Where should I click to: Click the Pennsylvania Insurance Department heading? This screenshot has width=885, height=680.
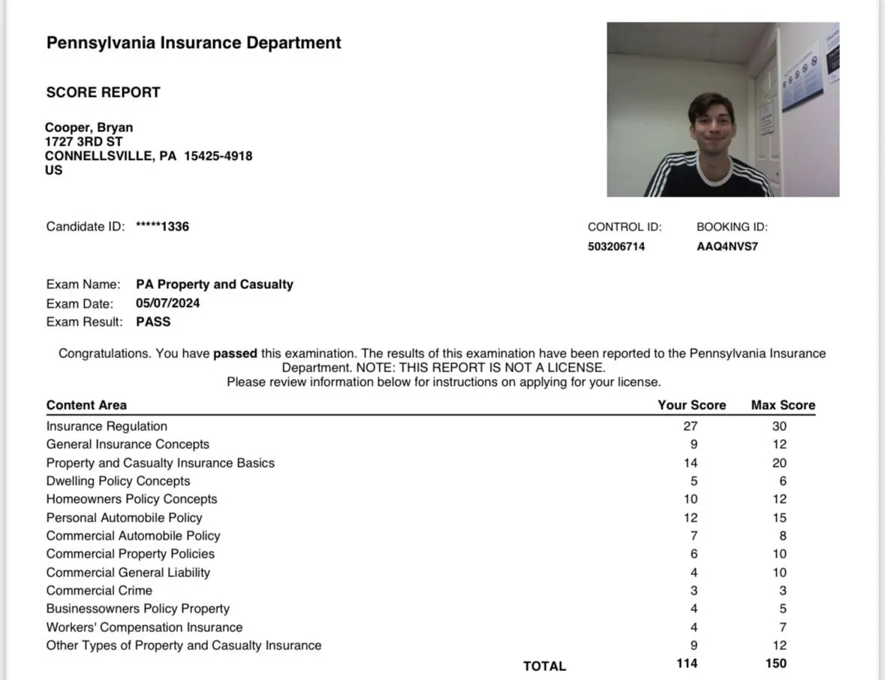[194, 43]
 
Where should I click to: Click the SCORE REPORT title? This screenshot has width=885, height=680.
[104, 92]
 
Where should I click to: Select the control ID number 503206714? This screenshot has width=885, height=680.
[616, 247]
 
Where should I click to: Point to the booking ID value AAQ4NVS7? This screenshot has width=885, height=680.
[727, 247]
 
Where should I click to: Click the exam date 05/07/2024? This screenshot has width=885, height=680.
[168, 303]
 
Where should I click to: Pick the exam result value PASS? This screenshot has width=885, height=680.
[153, 322]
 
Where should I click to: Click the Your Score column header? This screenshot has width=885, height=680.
[691, 405]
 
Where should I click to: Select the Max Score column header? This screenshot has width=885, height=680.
[783, 405]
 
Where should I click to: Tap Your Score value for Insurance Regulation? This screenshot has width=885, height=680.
[691, 426]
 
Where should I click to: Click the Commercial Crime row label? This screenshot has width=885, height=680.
[99, 591]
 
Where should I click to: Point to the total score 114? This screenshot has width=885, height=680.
[687, 663]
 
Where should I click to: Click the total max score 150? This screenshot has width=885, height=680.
[776, 663]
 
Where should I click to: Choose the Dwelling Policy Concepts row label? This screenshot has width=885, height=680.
[118, 481]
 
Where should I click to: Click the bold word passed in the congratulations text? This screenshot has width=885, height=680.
[235, 354]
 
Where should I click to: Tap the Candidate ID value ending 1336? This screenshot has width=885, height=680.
[162, 227]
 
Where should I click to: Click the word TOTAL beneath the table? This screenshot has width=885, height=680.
[544, 666]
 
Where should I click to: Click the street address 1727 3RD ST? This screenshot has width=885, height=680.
[83, 142]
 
